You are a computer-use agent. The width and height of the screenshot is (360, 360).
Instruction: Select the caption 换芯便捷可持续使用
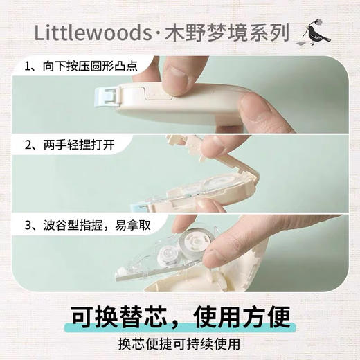pyautogui.click(x=180, y=344)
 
